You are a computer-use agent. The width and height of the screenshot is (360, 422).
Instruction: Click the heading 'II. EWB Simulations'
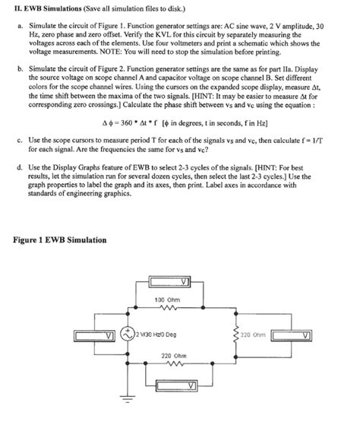click(x=46, y=8)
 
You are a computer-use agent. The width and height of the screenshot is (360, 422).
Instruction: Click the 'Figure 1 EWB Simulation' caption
click(x=61, y=240)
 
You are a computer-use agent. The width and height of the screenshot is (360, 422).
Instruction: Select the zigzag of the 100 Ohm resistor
click(x=166, y=309)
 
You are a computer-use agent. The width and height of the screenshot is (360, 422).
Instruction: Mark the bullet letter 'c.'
click(x=17, y=140)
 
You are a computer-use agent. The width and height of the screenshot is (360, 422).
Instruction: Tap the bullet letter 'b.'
click(x=17, y=68)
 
